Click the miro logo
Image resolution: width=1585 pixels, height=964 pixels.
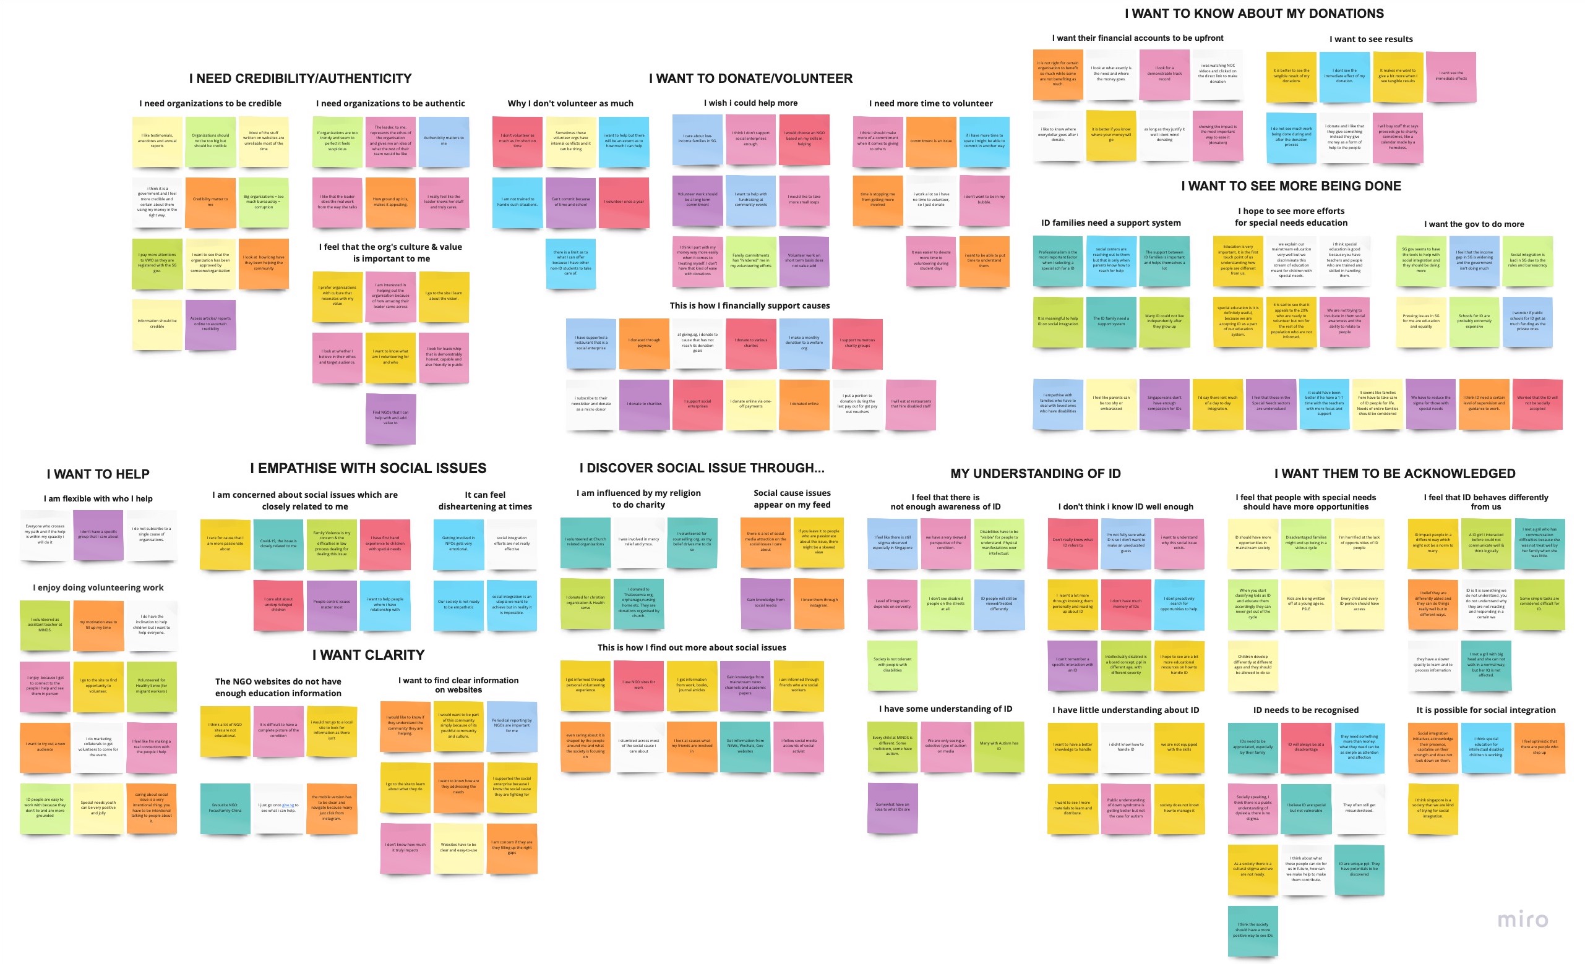[x=1522, y=919]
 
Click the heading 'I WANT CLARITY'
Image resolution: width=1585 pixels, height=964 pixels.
[x=368, y=655]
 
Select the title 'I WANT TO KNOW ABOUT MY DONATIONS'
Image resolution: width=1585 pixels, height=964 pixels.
[x=1254, y=14]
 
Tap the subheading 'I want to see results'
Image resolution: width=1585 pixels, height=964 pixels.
[x=1371, y=39]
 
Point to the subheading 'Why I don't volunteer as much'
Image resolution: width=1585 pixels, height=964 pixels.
[x=570, y=103]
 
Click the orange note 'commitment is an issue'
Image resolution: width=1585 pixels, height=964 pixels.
[x=930, y=141]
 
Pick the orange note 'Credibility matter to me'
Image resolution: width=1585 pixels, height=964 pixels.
[x=210, y=202]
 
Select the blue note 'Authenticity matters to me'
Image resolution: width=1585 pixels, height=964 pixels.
[x=443, y=140]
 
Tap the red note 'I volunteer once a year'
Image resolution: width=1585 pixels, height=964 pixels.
[x=624, y=202]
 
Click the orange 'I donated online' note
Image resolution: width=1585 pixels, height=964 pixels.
[x=804, y=404]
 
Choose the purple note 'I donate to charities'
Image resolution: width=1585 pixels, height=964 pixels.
[x=644, y=404]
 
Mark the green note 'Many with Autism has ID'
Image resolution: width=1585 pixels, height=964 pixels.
[x=999, y=746]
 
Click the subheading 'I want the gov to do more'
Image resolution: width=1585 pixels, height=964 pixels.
[x=1474, y=224]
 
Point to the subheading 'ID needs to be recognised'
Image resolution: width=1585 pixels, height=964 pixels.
[x=1305, y=710]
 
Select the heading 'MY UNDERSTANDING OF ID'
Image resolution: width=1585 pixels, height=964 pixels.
[x=1035, y=474]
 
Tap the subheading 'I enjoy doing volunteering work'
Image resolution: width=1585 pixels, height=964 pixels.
[x=98, y=588]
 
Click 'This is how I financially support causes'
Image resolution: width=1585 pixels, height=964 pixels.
[x=749, y=306]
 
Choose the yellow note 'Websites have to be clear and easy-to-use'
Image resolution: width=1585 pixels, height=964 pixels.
[x=458, y=847]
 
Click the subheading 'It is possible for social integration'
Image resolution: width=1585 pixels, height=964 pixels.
[x=1485, y=710]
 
